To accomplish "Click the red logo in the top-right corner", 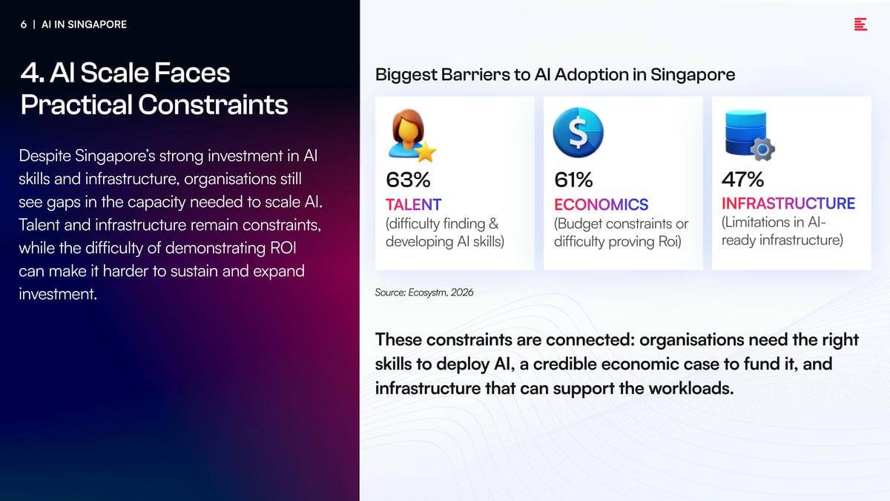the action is tap(860, 24).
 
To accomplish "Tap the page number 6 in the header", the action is tap(24, 24).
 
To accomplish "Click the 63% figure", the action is tap(408, 180).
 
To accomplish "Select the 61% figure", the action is tap(573, 180).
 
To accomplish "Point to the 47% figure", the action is tap(742, 180).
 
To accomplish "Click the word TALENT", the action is tap(413, 205).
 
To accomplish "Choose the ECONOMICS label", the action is tap(601, 205).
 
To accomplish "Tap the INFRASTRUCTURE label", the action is tap(788, 203).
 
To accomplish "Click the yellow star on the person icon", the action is tap(426, 151).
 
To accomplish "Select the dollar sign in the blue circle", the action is tap(578, 132).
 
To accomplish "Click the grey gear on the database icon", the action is tap(762, 149).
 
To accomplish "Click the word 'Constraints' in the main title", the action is tap(213, 105).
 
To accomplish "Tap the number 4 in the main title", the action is tap(30, 73).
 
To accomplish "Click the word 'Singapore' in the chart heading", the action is tap(693, 75).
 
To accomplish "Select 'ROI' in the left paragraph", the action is tap(283, 248).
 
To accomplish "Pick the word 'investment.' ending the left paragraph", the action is tap(58, 294).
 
